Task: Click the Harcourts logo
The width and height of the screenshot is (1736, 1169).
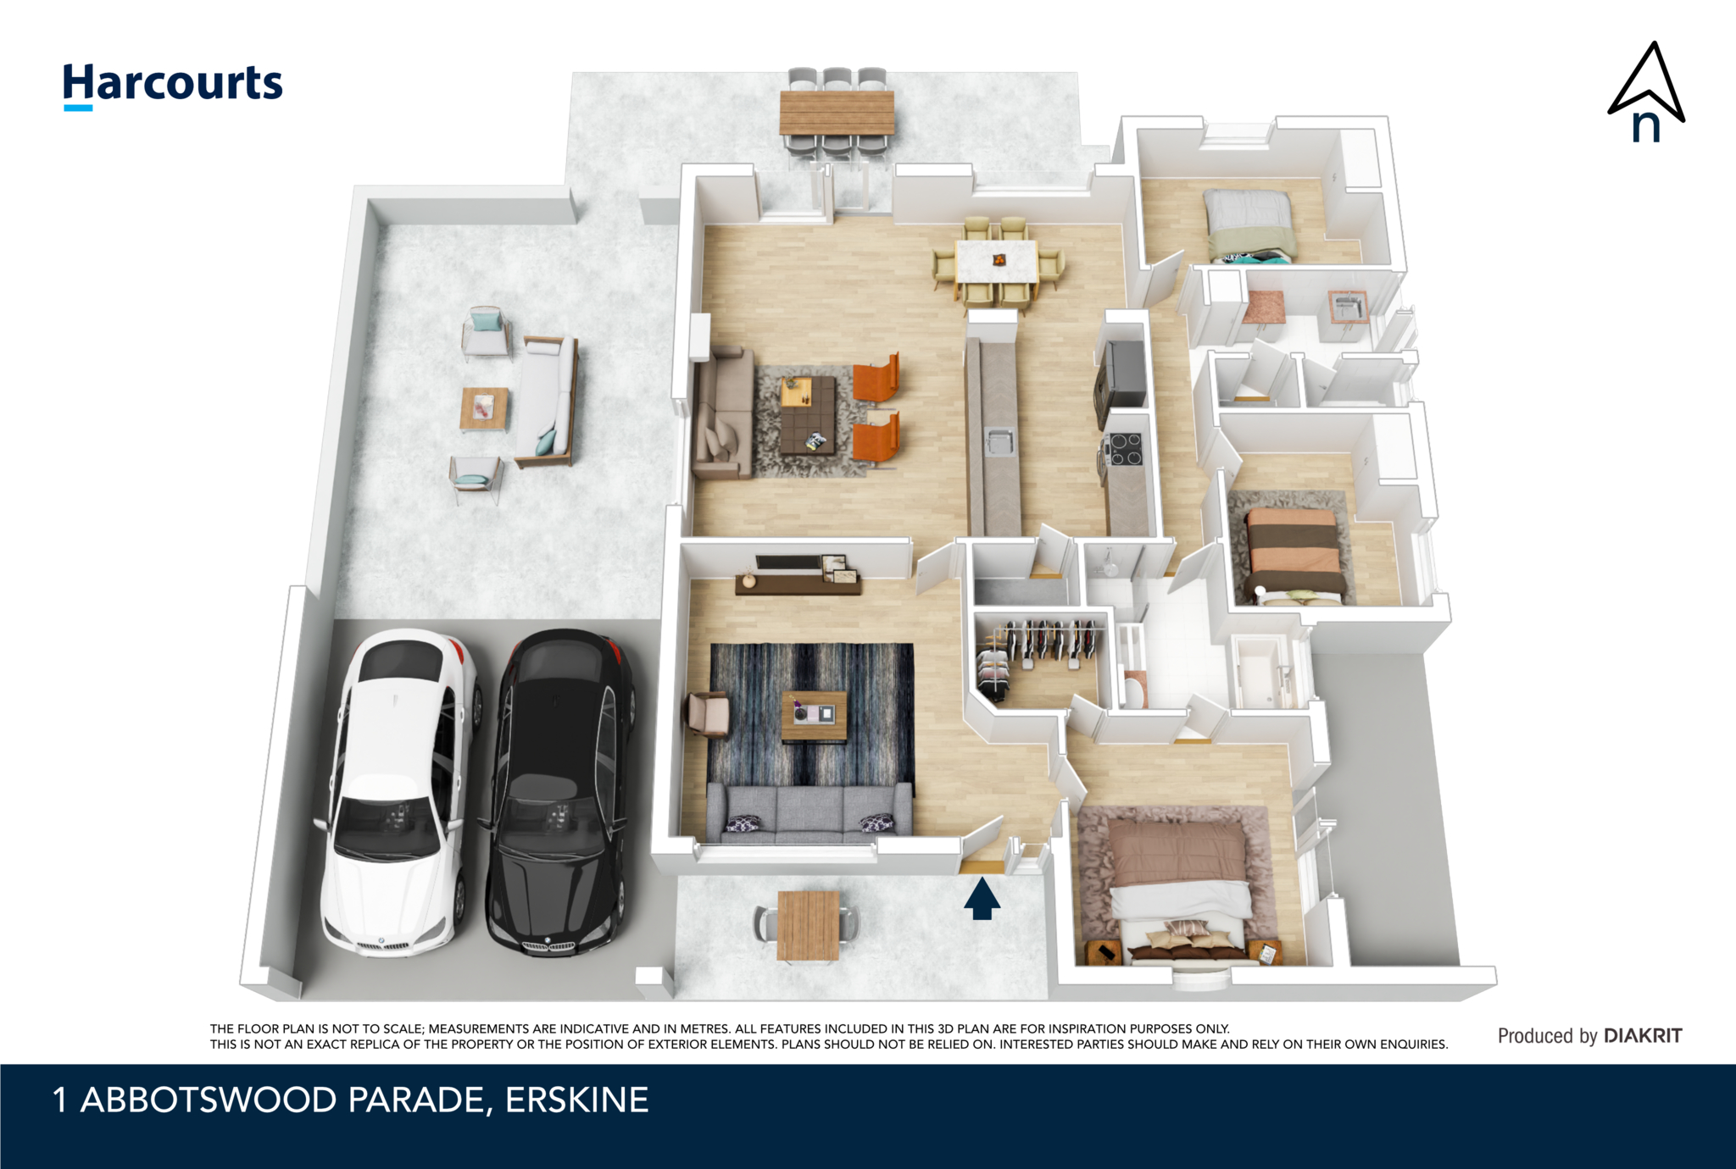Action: click(x=173, y=86)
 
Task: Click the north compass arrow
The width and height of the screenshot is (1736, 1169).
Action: click(x=1646, y=91)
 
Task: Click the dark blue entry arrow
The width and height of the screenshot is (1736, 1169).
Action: click(x=982, y=898)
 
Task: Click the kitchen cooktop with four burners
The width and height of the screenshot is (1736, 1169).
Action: click(x=1125, y=450)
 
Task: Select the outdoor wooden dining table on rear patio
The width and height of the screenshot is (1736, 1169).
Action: click(x=837, y=112)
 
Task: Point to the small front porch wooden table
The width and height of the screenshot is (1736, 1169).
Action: click(x=809, y=926)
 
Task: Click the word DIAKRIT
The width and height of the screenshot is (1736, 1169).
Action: click(x=1643, y=1035)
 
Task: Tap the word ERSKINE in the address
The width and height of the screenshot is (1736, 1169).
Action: click(x=577, y=1100)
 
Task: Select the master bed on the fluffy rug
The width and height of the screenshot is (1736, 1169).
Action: click(x=1180, y=889)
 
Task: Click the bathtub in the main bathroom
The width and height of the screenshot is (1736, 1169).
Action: click(x=1261, y=673)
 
